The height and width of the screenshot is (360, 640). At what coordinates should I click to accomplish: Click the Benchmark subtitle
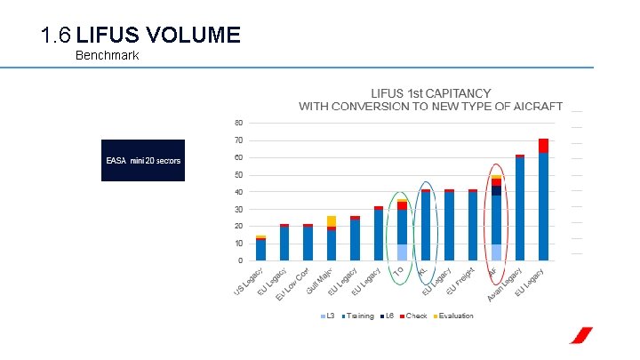coord(107,55)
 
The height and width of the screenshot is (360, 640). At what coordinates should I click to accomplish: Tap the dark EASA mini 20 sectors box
coord(143,160)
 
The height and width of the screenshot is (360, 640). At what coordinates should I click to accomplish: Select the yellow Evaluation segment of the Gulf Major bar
coord(332,220)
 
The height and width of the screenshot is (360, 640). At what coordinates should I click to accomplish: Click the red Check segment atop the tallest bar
coord(543,146)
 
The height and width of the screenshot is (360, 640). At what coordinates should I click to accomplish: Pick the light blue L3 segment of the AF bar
coord(496,252)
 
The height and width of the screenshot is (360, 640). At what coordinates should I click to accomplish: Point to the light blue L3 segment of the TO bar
coord(402,252)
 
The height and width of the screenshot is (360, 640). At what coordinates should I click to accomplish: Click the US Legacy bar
coord(260,250)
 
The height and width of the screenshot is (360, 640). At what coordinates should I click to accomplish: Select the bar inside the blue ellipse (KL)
coord(426,227)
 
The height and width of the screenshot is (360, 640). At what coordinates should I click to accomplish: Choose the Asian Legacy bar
coord(520,209)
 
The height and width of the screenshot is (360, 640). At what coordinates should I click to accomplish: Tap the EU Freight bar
coord(473,227)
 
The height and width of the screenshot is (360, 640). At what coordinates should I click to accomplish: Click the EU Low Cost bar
coord(308,243)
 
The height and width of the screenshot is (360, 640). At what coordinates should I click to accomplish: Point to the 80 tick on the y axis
coord(238,123)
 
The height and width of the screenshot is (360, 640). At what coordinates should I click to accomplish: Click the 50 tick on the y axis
coord(238,174)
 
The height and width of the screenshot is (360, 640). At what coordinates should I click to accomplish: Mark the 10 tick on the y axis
coord(238,244)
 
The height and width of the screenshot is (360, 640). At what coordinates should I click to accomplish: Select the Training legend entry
coord(357,316)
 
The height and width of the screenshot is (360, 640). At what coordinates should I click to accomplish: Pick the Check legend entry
coord(414,316)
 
